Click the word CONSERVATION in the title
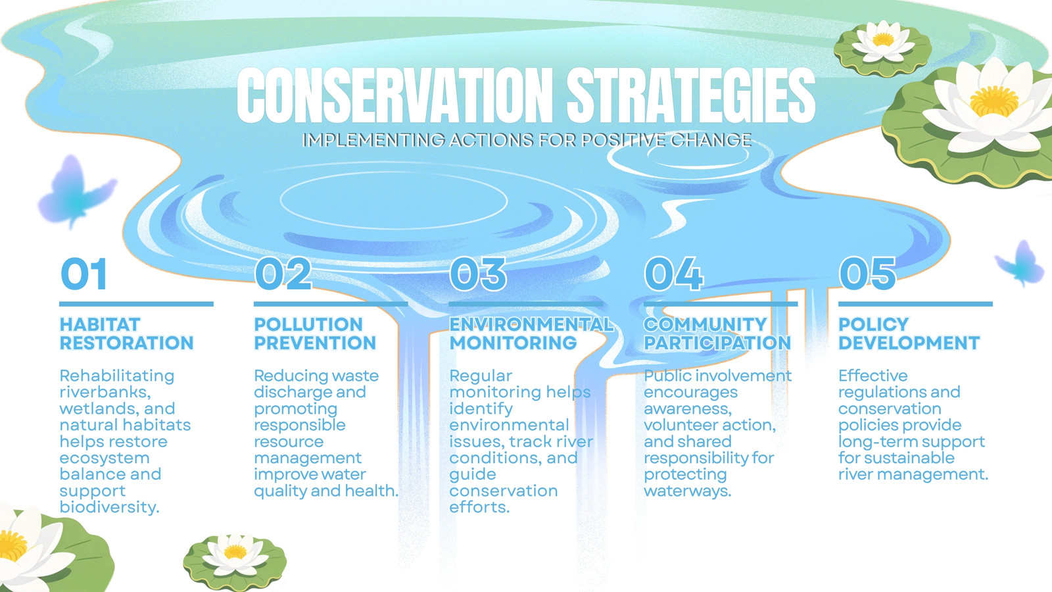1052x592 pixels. (395, 95)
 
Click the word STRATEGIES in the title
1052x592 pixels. (691, 95)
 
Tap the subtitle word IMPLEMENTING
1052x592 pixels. (373, 140)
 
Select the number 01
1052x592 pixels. (84, 274)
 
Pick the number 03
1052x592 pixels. (478, 274)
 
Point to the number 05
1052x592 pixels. (867, 274)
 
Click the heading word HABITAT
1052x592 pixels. (100, 324)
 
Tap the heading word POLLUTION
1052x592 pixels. (308, 324)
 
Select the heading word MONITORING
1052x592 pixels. (514, 343)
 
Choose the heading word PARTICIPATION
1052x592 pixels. (717, 343)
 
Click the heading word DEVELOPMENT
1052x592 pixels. (909, 343)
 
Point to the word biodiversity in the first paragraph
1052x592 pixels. (109, 507)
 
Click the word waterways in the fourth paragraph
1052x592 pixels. (688, 491)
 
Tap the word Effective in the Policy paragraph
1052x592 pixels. (873, 376)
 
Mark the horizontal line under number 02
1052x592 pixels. (331, 304)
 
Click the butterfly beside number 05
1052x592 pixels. (1020, 262)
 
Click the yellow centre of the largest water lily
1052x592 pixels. (993, 101)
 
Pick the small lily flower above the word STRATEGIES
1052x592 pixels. (884, 41)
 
